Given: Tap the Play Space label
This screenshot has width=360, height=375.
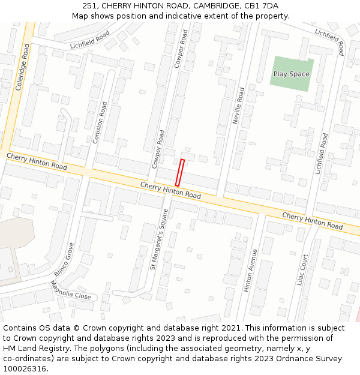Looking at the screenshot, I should [x=292, y=74].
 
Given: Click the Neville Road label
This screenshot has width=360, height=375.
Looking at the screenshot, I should [x=238, y=106].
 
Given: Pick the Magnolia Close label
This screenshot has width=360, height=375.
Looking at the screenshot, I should [x=70, y=291].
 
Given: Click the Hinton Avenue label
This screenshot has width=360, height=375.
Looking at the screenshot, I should [x=250, y=271].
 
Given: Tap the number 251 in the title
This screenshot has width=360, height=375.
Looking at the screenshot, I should [x=90, y=5].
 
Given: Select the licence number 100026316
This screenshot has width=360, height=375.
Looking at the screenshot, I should [x=24, y=369].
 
